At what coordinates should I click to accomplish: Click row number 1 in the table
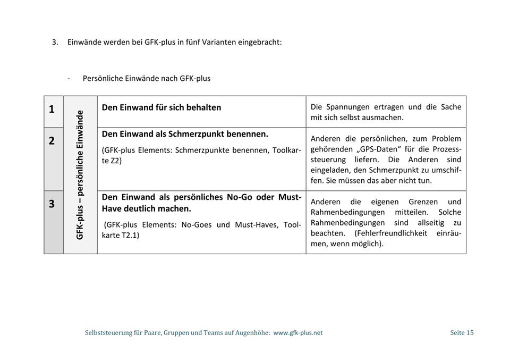(52, 110)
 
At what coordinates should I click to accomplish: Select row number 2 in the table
(52, 141)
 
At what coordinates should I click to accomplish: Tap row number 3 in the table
(52, 204)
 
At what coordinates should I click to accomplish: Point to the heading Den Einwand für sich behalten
(161, 107)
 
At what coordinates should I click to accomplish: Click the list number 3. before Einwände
(55, 41)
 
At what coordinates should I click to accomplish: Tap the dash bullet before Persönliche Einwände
(69, 78)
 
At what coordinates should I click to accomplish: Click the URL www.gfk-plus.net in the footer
(297, 333)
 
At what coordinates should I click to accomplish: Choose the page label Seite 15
(461, 333)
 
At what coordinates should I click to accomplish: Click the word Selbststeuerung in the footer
(109, 333)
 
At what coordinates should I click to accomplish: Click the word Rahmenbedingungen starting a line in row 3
(347, 212)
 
